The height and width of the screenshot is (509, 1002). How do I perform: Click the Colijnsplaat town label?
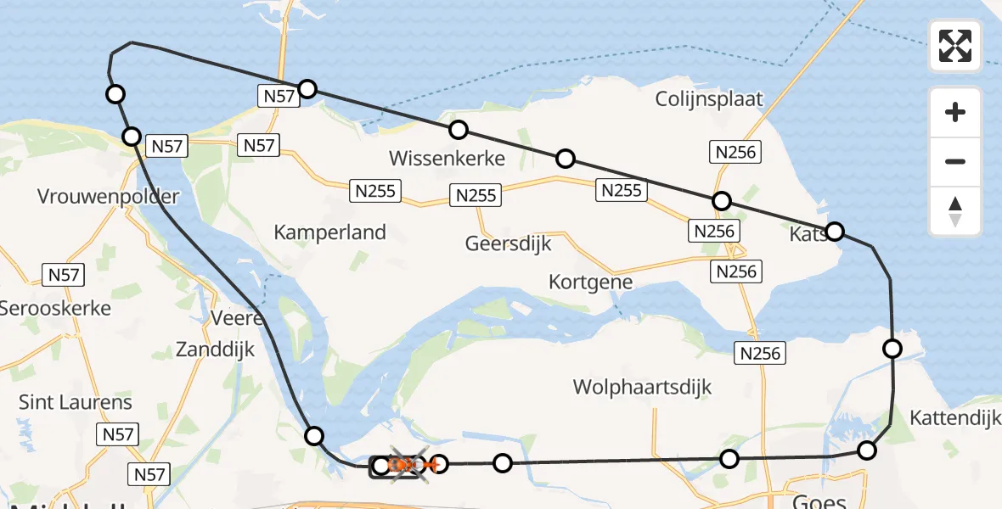709,98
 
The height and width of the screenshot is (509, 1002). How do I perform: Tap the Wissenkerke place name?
447,158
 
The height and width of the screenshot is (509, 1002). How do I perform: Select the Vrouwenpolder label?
109,197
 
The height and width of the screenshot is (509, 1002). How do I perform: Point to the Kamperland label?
330,232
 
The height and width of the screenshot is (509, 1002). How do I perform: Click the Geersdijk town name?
508,243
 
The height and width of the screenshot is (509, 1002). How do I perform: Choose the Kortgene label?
591,282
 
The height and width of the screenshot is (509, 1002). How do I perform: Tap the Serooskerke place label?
55,307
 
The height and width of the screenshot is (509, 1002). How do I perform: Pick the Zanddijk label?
215,350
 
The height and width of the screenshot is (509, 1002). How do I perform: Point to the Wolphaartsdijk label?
642,388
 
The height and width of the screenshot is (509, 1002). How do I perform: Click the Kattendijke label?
954,417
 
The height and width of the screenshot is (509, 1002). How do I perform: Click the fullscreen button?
955,46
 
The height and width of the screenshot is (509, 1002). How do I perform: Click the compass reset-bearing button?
955,211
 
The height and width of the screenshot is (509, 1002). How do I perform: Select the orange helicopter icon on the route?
408,464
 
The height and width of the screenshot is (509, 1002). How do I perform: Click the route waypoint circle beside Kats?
835,231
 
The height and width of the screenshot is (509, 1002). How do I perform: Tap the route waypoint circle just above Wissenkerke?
459,130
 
